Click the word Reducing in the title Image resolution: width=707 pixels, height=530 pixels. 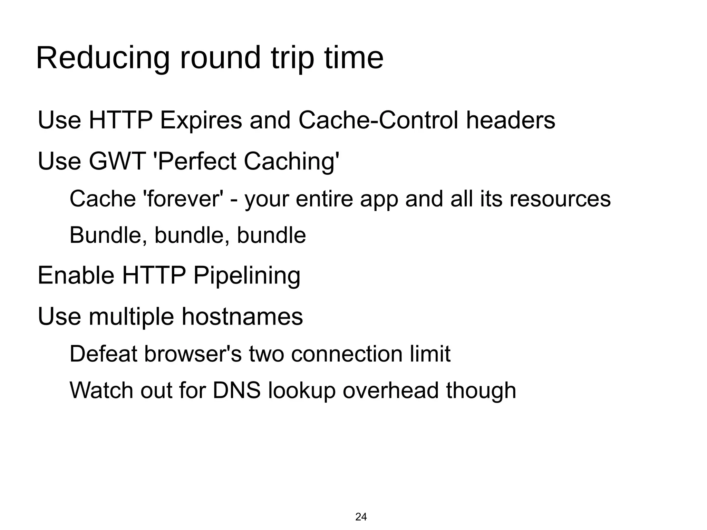(103, 59)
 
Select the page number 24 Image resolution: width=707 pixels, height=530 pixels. (361, 517)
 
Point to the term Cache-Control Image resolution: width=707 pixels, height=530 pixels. (378, 121)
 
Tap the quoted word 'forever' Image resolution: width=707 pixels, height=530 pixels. (183, 199)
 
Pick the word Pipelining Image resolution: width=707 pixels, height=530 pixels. (246, 276)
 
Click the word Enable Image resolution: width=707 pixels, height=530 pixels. (76, 276)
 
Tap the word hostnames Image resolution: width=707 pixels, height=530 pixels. (242, 317)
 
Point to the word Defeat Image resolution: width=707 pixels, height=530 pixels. (103, 354)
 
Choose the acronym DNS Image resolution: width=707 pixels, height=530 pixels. (236, 391)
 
